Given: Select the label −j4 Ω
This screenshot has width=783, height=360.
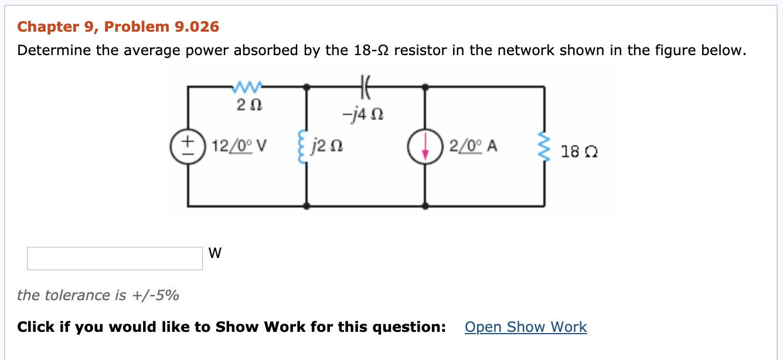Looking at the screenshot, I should coord(365,113).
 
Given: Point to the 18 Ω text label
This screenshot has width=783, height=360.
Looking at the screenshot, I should coord(579,152).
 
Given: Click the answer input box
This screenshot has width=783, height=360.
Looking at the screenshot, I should coord(115,259).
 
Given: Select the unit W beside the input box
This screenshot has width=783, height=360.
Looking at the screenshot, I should coord(215,253).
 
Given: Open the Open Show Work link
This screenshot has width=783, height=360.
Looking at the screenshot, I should coord(525,327).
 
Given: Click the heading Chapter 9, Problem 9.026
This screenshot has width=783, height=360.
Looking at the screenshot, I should coord(118,26).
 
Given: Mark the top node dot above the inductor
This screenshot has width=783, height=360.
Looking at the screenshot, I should coord(306,87).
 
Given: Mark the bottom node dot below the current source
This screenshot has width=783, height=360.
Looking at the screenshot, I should coord(425,206).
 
